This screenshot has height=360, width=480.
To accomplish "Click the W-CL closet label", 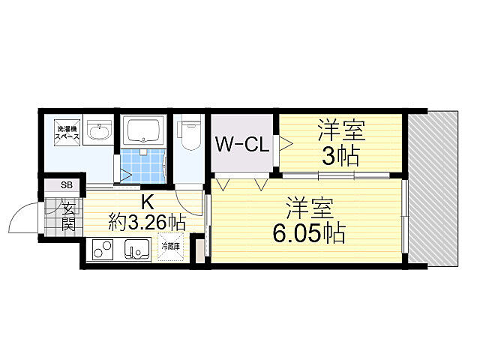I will (x=242, y=145).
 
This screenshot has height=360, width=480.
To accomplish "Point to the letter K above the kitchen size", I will (x=147, y=201).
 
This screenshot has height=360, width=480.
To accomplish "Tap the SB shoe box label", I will (x=65, y=184).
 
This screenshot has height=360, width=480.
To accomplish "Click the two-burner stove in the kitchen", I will (x=103, y=249).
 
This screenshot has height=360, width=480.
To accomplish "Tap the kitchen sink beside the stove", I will (x=137, y=248).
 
